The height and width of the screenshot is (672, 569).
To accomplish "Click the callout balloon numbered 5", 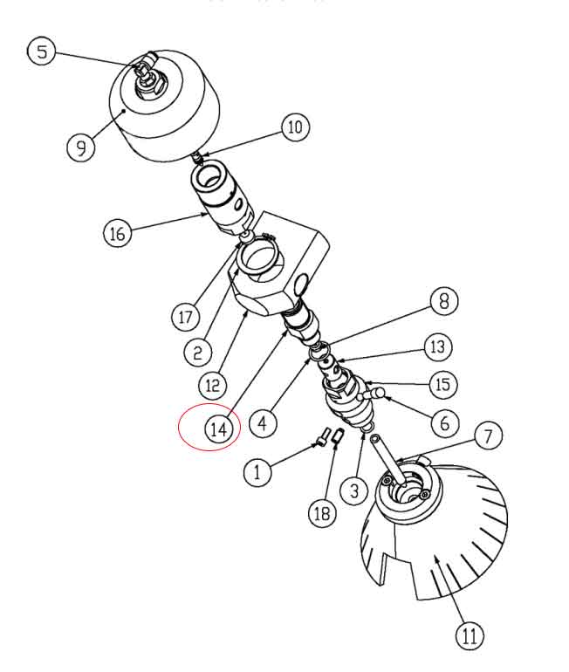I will coord(41,51).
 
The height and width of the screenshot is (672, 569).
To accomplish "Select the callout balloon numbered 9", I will coord(81,147).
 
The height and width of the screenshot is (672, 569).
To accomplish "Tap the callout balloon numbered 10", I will coord(295,127).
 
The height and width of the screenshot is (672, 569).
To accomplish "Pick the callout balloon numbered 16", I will coord(118,234).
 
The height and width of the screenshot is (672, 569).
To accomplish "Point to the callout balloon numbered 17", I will coord(185,316).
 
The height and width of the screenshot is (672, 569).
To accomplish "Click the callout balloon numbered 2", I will coord(198,352).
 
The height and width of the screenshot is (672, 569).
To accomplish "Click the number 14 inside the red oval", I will coord(220,429).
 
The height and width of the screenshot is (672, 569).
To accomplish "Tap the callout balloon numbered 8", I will coord(443,302).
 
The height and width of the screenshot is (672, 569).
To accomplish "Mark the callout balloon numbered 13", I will coord(439,346).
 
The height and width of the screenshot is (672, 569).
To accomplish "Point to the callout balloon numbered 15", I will coord(442,384).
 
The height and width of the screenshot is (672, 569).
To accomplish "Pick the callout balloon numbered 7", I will coord(489,434).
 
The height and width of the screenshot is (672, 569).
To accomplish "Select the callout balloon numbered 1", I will coord(257,473).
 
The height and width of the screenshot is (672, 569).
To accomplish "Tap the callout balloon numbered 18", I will coord(322,513).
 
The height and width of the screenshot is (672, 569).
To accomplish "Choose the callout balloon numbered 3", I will coord(354,491).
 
